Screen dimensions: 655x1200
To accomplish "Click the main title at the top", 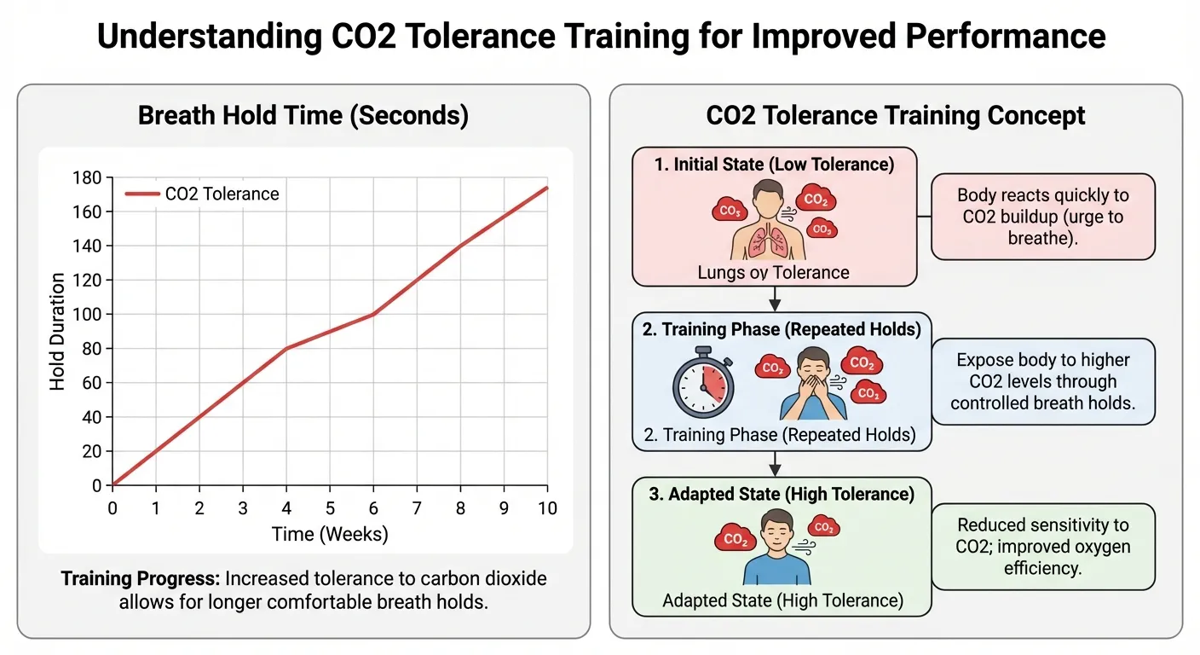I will pos(600,37).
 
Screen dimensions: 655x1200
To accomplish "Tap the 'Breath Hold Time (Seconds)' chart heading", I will pos(303,116).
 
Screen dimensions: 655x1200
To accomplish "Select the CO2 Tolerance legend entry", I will pos(203,194).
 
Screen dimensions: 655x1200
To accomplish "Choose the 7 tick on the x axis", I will pos(417,508).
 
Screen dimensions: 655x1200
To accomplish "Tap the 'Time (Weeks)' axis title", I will pos(330,535).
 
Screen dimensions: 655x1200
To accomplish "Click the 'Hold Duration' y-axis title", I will pos(57,331).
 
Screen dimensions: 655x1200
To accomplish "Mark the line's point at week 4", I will pos(286,348).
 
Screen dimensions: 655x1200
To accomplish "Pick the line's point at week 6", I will pos(373,314).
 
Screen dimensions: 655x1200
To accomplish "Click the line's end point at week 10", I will pos(546,188).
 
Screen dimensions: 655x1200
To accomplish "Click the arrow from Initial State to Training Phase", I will pos(774,298).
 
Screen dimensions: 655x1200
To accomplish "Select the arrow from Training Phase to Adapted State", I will pos(774,463).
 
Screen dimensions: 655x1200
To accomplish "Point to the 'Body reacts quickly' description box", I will pos(1042,217).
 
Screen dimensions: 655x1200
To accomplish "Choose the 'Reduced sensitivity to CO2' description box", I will pos(1042,547).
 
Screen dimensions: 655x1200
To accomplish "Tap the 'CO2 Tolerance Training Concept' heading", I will pos(896,116).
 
